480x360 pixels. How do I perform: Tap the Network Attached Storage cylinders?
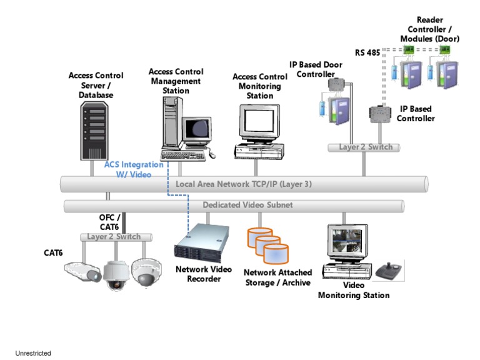click(268, 245)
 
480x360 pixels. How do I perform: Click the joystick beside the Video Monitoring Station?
click(391, 270)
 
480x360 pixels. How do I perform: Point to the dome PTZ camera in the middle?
click(115, 272)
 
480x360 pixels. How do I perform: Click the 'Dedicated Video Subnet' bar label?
click(247, 205)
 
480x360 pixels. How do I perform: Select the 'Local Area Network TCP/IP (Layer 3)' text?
click(243, 184)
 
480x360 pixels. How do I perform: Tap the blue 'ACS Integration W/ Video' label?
click(134, 169)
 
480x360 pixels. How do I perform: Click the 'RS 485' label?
click(367, 52)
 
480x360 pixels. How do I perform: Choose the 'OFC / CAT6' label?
click(109, 222)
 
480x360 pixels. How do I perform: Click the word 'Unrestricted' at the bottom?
click(33, 353)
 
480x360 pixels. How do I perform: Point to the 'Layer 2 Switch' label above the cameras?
click(114, 237)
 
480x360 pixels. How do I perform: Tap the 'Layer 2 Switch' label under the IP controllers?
click(366, 147)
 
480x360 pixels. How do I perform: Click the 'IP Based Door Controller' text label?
click(316, 69)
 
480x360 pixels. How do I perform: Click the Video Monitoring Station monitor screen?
click(344, 243)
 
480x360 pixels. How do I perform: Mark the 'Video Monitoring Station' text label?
click(354, 290)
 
